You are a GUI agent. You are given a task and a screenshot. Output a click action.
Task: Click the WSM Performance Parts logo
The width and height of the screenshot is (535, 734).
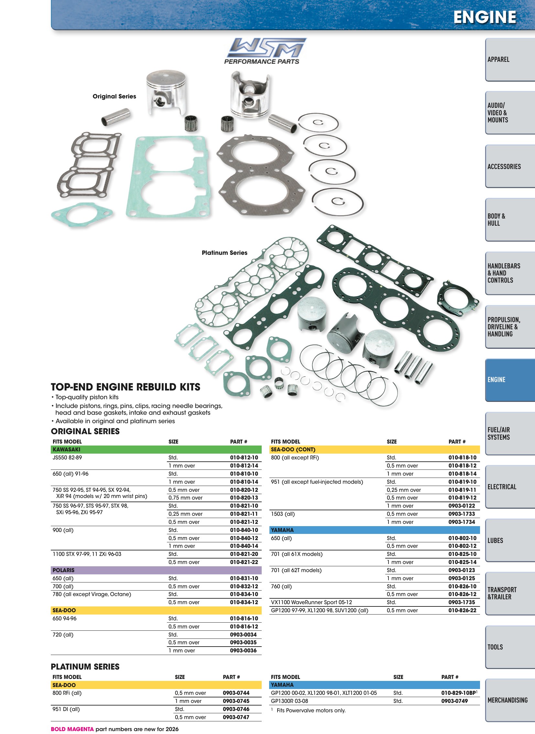click(265, 51)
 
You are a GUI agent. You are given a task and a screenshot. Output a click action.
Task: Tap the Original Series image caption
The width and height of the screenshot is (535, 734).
click(114, 96)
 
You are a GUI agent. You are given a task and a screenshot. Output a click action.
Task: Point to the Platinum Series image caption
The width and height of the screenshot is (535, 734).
click(224, 253)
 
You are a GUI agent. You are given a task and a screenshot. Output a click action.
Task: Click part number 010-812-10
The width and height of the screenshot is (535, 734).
click(244, 457)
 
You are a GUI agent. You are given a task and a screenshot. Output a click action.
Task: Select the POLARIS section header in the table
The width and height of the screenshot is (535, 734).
click(63, 570)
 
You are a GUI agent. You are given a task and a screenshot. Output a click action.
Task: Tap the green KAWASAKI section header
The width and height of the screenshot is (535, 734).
click(156, 449)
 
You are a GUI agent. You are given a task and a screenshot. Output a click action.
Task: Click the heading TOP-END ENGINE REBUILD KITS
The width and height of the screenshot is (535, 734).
click(126, 387)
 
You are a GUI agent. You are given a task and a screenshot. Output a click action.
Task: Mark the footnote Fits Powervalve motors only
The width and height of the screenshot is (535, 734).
click(311, 710)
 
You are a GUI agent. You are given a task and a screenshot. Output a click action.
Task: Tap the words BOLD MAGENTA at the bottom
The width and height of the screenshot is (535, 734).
click(72, 729)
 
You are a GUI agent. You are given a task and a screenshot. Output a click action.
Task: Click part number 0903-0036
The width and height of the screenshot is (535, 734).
click(243, 650)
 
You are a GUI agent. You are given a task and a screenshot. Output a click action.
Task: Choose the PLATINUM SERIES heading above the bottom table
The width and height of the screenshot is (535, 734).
click(85, 667)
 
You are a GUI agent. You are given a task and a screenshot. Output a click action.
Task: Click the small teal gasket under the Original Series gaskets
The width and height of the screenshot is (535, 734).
click(82, 214)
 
